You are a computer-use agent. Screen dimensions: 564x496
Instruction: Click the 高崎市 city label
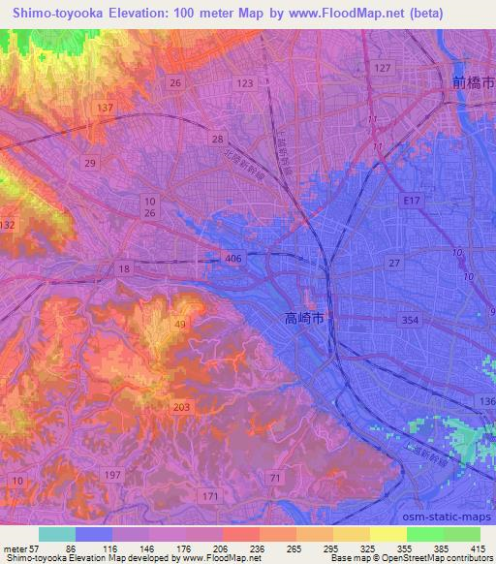pyautogui.click(x=309, y=317)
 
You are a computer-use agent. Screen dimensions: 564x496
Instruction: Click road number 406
pyautogui.click(x=232, y=258)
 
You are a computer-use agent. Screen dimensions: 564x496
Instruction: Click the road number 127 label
pyautogui.click(x=383, y=67)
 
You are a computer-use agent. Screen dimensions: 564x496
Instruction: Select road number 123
pyautogui.click(x=244, y=84)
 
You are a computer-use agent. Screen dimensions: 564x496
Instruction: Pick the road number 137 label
pyautogui.click(x=106, y=108)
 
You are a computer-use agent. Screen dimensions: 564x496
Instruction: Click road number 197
pyautogui.click(x=114, y=474)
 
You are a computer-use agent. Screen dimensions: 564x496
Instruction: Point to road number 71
pyautogui.click(x=276, y=479)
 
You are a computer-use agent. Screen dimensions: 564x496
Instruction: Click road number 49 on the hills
pyautogui.click(x=180, y=324)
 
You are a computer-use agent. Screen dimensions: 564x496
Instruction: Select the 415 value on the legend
pyautogui.click(x=477, y=548)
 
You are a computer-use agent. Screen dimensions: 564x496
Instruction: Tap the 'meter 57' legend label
pyautogui.click(x=20, y=548)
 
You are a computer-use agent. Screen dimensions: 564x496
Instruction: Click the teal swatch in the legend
pyautogui.click(x=57, y=534)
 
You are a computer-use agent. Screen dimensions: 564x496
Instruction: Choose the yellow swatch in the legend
pyautogui.click(x=388, y=534)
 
